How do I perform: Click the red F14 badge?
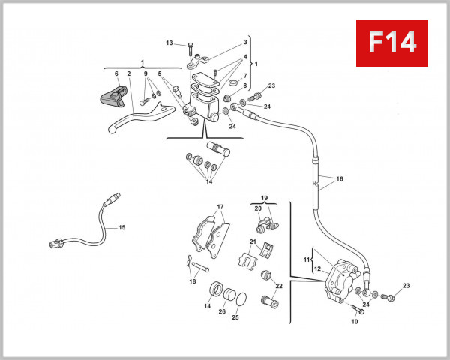392,43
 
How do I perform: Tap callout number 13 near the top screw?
169,43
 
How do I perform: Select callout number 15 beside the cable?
122,227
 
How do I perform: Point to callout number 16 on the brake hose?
340,180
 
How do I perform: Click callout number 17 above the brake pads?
220,207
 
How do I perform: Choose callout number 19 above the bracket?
264,199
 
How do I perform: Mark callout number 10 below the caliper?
355,321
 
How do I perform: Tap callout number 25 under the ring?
235,317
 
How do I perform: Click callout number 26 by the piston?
222,311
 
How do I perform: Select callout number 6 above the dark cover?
116,73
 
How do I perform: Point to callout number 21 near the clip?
253,241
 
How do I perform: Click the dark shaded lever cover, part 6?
109,97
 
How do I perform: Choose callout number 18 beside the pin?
193,281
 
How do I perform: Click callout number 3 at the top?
244,43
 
